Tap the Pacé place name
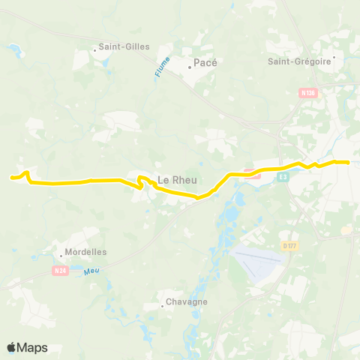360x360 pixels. pos(205,64)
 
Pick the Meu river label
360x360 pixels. pos(91,271)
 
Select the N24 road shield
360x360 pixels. pos(61,270)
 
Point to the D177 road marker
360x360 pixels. pos(290,244)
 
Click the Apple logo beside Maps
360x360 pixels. pos(12,347)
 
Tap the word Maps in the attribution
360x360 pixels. pos(33,347)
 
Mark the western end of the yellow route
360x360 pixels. pos(10,178)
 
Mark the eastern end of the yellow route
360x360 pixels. pos(349,162)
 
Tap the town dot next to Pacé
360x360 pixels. pos(189,64)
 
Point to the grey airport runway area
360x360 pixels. pos(259,260)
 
